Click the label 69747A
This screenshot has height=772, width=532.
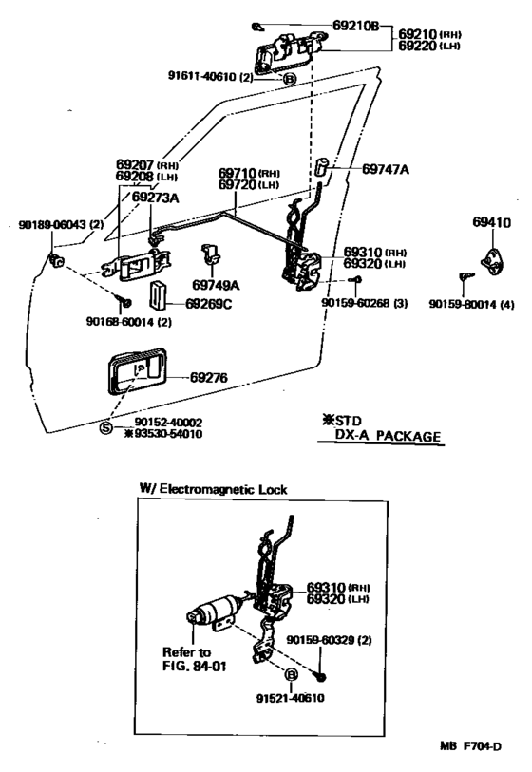tap(386, 168)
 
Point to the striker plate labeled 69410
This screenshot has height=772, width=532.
tap(493, 257)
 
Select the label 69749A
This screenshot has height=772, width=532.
tap(216, 284)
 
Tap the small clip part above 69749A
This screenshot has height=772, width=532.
tap(210, 254)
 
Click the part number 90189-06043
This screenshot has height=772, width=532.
tap(52, 225)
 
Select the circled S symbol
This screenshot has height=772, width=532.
tap(106, 428)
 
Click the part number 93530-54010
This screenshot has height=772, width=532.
tap(167, 434)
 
